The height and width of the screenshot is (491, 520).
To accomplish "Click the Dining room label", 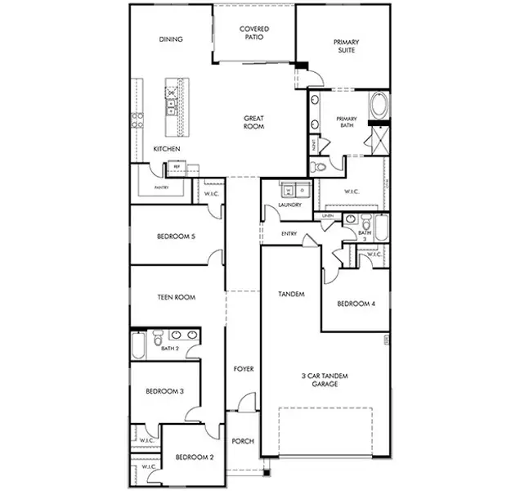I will click(x=171, y=39).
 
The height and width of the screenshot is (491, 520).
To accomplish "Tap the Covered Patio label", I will click(x=254, y=34).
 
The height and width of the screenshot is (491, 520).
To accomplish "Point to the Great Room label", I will click(x=253, y=123).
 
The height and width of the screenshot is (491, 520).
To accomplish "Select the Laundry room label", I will click(x=290, y=205).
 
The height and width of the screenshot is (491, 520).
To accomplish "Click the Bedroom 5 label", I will click(x=176, y=238).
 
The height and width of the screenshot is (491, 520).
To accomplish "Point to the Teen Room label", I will click(x=176, y=298).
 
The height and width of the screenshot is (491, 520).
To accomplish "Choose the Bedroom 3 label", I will click(x=164, y=392).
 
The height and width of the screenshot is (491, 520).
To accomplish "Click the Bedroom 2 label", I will click(x=195, y=458).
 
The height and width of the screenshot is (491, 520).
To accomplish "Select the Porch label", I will click(x=243, y=441).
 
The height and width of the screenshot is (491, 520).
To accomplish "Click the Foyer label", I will click(x=243, y=369).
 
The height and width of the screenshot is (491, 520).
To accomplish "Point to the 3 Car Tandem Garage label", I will click(x=325, y=379).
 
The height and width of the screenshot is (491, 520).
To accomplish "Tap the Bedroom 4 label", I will click(x=356, y=304).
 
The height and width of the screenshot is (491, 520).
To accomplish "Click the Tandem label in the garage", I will click(x=291, y=294).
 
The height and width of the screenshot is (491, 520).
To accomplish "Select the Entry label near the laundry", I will click(x=289, y=233).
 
